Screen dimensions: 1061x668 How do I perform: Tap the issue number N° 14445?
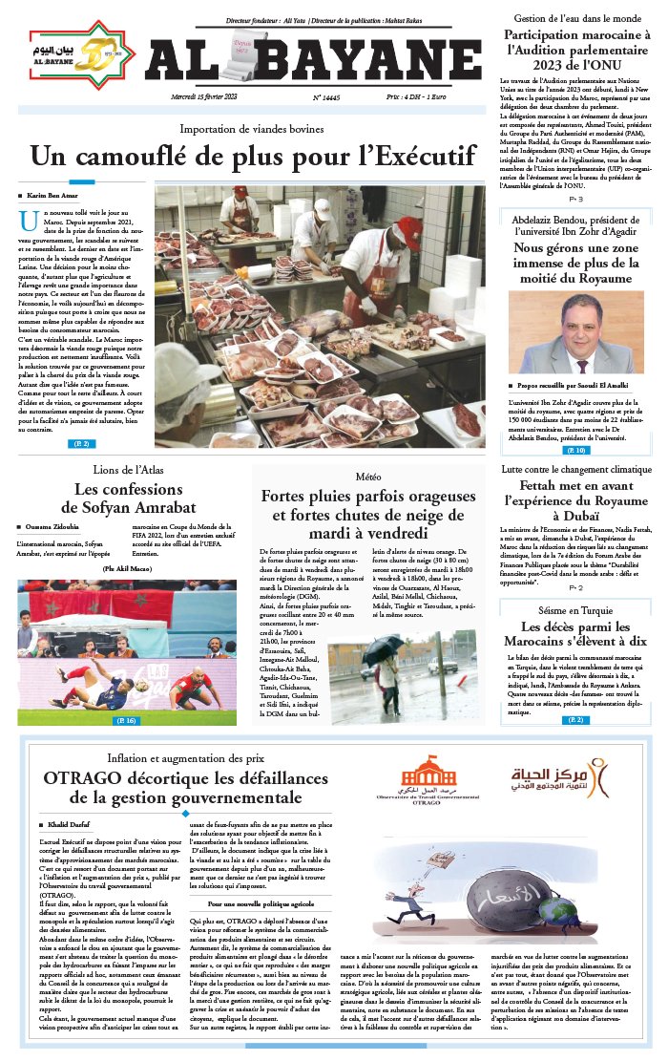327,97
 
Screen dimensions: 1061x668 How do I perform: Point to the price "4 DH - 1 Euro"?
431,97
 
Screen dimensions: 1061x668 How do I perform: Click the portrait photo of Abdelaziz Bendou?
575,332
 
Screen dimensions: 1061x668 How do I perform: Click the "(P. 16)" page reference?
125,720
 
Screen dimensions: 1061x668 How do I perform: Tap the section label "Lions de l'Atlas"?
127,469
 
